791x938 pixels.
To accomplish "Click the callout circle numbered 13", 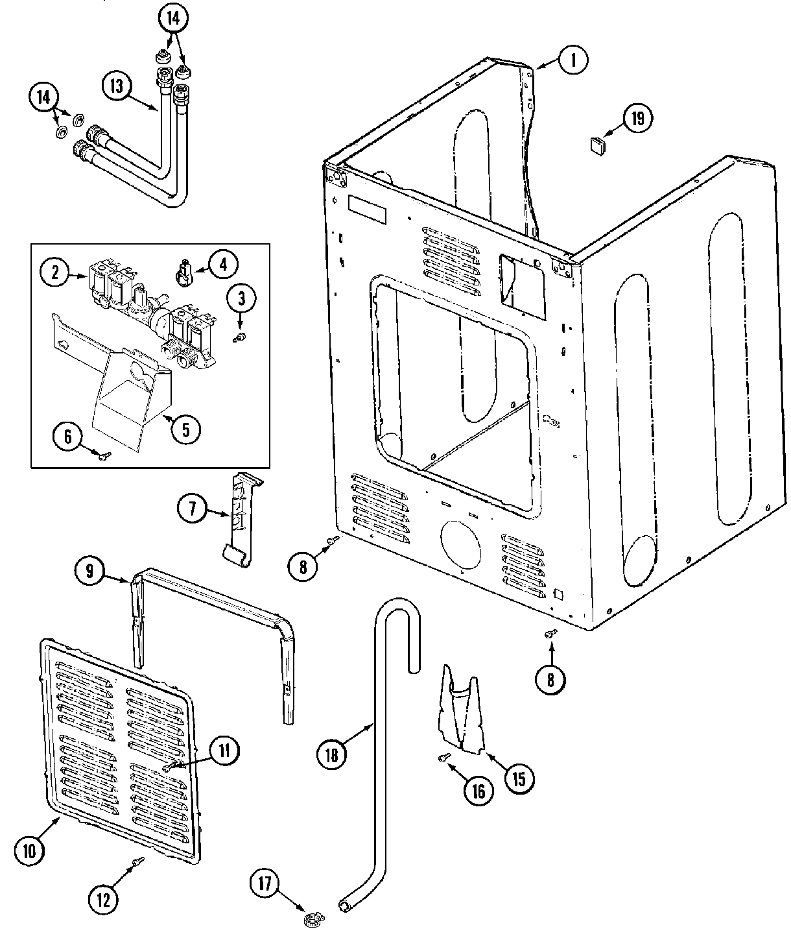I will coord(117,87).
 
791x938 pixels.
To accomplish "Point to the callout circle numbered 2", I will coord(56,273).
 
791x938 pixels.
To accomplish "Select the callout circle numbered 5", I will coord(185,429).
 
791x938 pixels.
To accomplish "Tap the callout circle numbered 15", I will coord(519,777).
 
